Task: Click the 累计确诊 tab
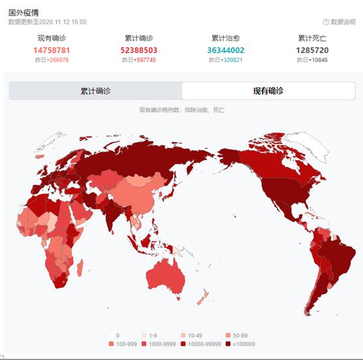pos(95,91)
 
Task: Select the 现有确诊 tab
pos(268,91)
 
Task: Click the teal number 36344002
pos(226,50)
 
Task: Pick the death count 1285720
pos(312,50)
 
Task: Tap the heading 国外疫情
pos(23,12)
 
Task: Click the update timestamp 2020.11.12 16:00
pos(62,22)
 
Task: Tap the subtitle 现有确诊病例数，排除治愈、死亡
pos(182,110)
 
